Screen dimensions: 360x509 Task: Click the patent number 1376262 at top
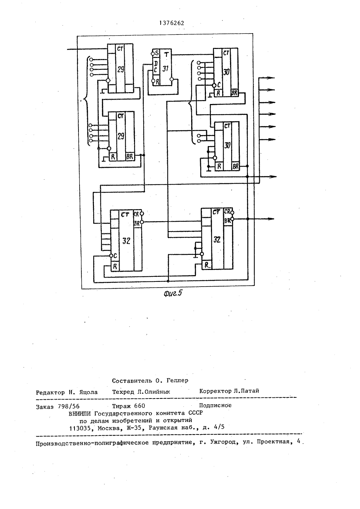click(x=172, y=23)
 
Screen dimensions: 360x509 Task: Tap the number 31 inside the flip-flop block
click(x=165, y=68)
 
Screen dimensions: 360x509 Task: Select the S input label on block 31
click(x=157, y=54)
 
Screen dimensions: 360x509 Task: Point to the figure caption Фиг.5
click(x=173, y=293)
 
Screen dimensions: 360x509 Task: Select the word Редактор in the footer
click(x=50, y=392)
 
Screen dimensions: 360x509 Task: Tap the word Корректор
click(x=215, y=391)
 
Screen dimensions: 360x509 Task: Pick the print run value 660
click(x=140, y=406)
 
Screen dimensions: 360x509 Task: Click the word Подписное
click(x=215, y=405)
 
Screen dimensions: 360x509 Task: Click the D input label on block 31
click(x=156, y=64)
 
